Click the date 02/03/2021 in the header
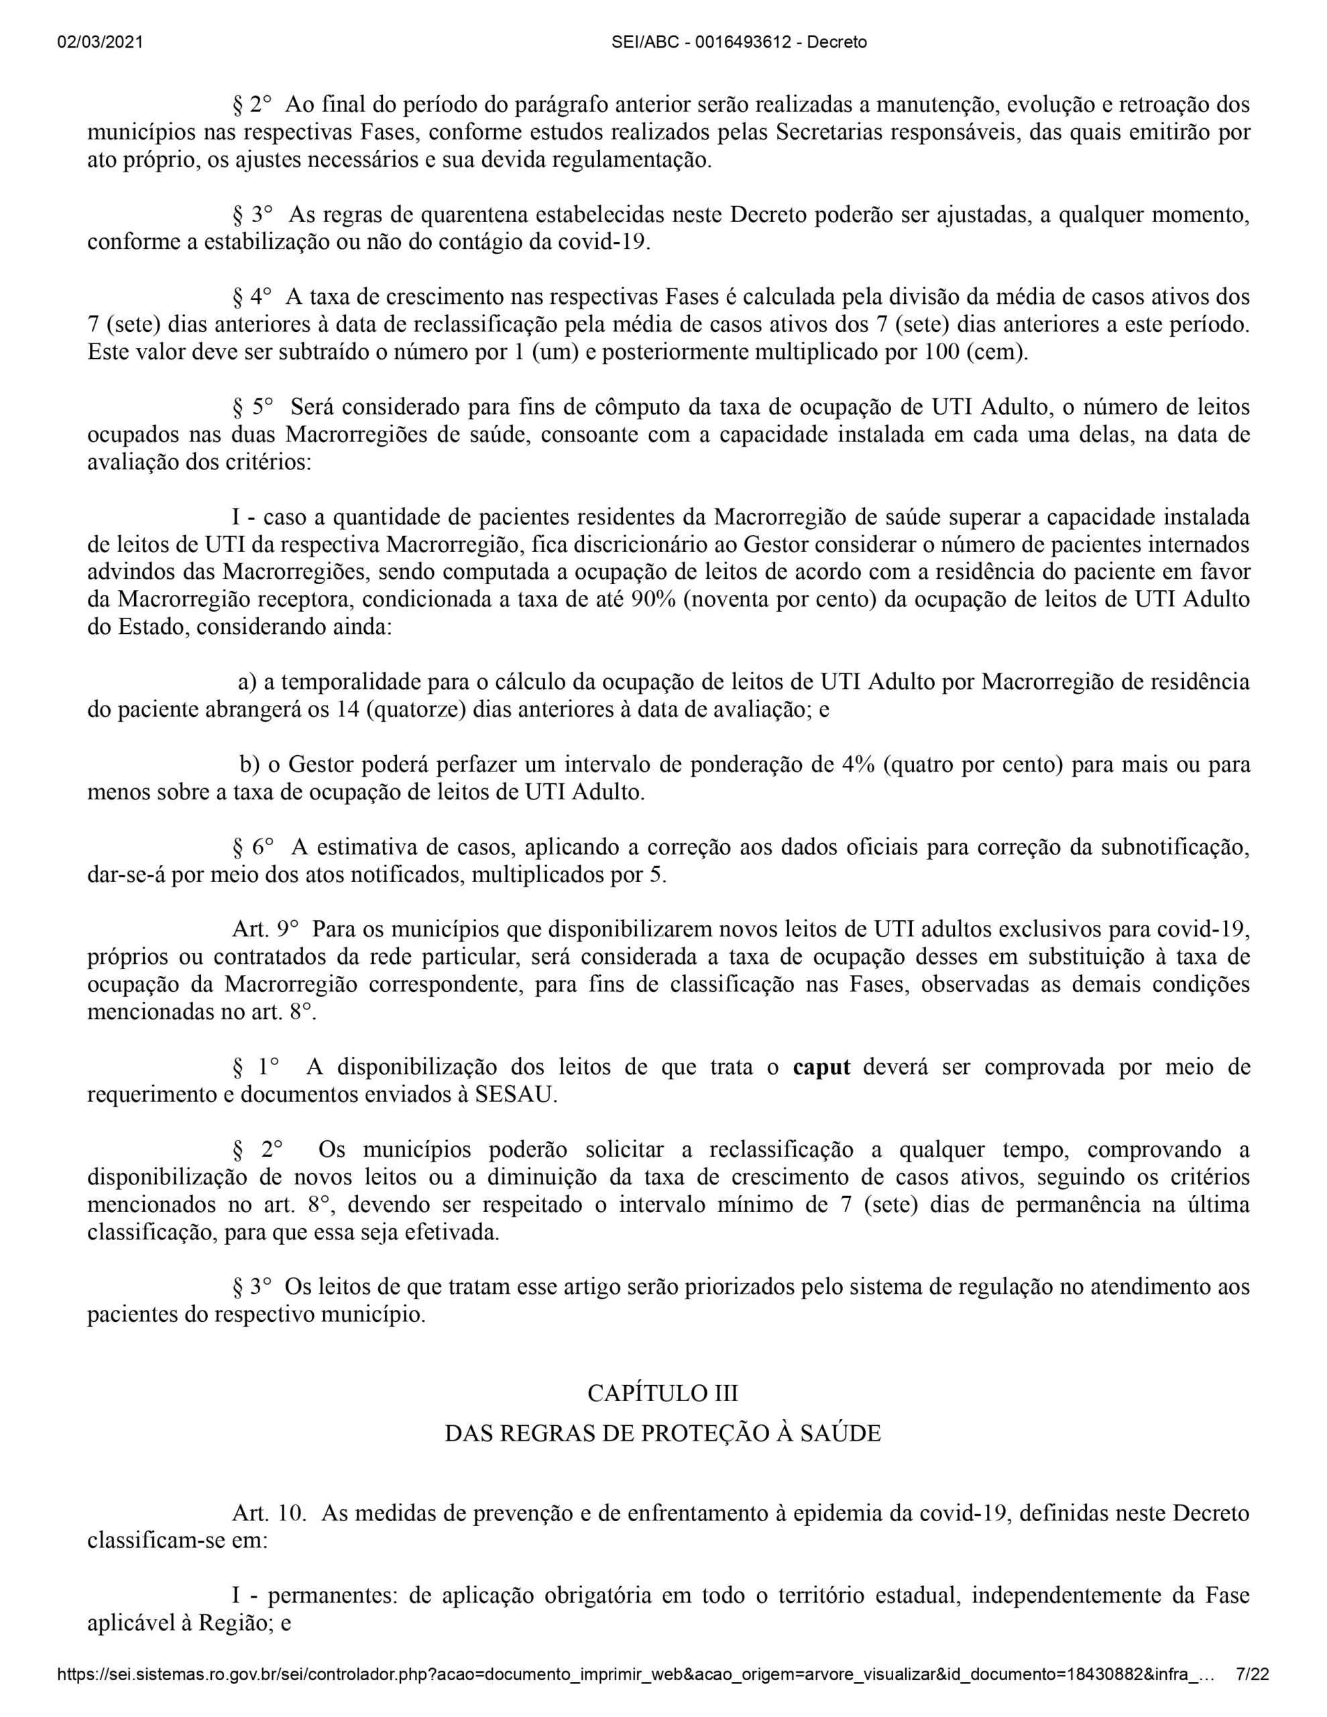100,42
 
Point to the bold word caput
821,1067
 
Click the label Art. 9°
265,929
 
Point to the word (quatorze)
416,709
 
